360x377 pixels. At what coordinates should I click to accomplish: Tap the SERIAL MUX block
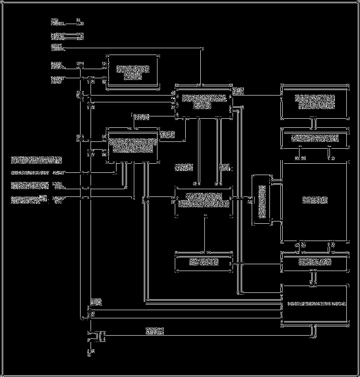click(314, 262)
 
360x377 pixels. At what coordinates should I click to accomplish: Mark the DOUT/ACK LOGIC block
click(314, 303)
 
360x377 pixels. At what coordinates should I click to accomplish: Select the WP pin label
click(57, 47)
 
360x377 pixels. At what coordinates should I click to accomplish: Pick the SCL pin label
click(57, 66)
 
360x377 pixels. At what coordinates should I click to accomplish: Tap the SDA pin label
click(57, 81)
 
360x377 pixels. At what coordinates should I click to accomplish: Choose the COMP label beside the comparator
click(167, 135)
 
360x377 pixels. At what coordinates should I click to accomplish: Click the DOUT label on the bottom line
click(155, 331)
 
